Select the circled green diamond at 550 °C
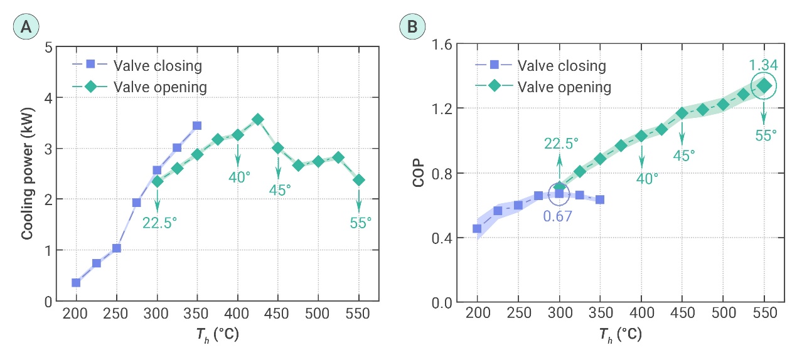point(764,86)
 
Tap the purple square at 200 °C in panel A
point(76,283)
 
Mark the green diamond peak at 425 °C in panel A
point(257,119)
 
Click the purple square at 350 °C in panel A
point(197,125)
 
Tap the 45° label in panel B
point(682,155)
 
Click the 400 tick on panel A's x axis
point(237,314)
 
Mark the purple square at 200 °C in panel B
point(477,229)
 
